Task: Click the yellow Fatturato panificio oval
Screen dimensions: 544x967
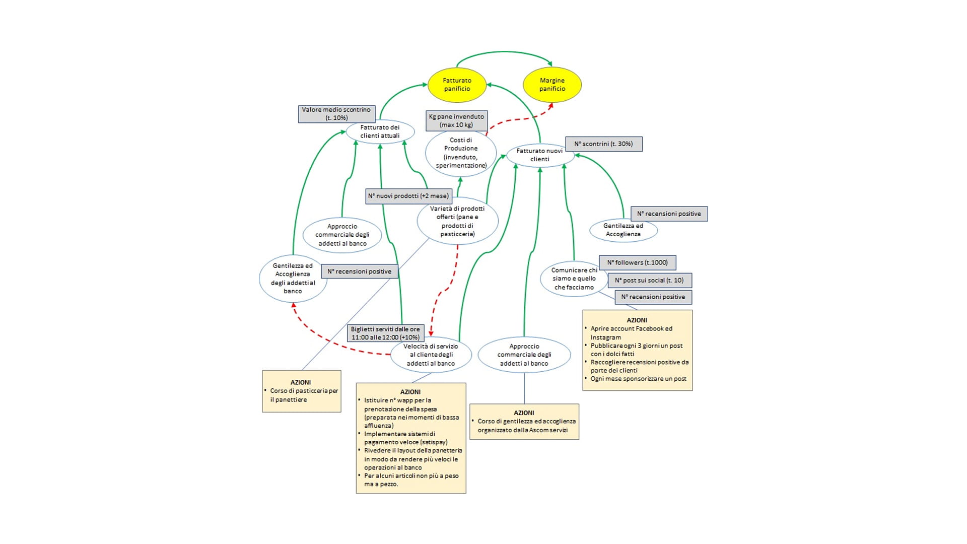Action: click(x=457, y=85)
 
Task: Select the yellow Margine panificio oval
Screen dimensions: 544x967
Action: click(x=552, y=85)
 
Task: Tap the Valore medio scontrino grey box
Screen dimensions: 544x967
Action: click(x=336, y=114)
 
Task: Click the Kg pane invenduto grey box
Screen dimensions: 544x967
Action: click(x=456, y=121)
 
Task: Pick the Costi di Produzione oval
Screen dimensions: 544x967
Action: click(x=461, y=153)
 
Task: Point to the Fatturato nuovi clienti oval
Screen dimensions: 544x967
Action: click(x=539, y=155)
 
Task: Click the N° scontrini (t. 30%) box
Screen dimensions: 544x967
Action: click(x=603, y=144)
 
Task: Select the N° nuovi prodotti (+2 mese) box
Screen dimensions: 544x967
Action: click(x=408, y=196)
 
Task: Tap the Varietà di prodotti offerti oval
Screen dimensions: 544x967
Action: click(x=457, y=221)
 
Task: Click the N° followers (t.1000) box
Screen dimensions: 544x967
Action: click(x=637, y=263)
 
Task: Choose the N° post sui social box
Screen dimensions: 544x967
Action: click(x=649, y=281)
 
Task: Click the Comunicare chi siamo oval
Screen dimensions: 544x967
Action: click(x=574, y=279)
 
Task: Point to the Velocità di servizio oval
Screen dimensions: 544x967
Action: click(x=431, y=355)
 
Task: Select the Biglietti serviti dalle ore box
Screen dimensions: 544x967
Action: click(x=385, y=333)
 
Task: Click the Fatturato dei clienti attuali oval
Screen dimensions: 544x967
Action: click(x=380, y=132)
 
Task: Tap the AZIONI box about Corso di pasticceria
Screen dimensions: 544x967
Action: click(x=301, y=391)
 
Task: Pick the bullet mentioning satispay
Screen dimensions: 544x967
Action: click(x=405, y=438)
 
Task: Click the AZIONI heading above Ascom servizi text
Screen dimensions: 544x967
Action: click(x=524, y=413)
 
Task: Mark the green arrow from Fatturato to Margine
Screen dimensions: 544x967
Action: click(x=504, y=52)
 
